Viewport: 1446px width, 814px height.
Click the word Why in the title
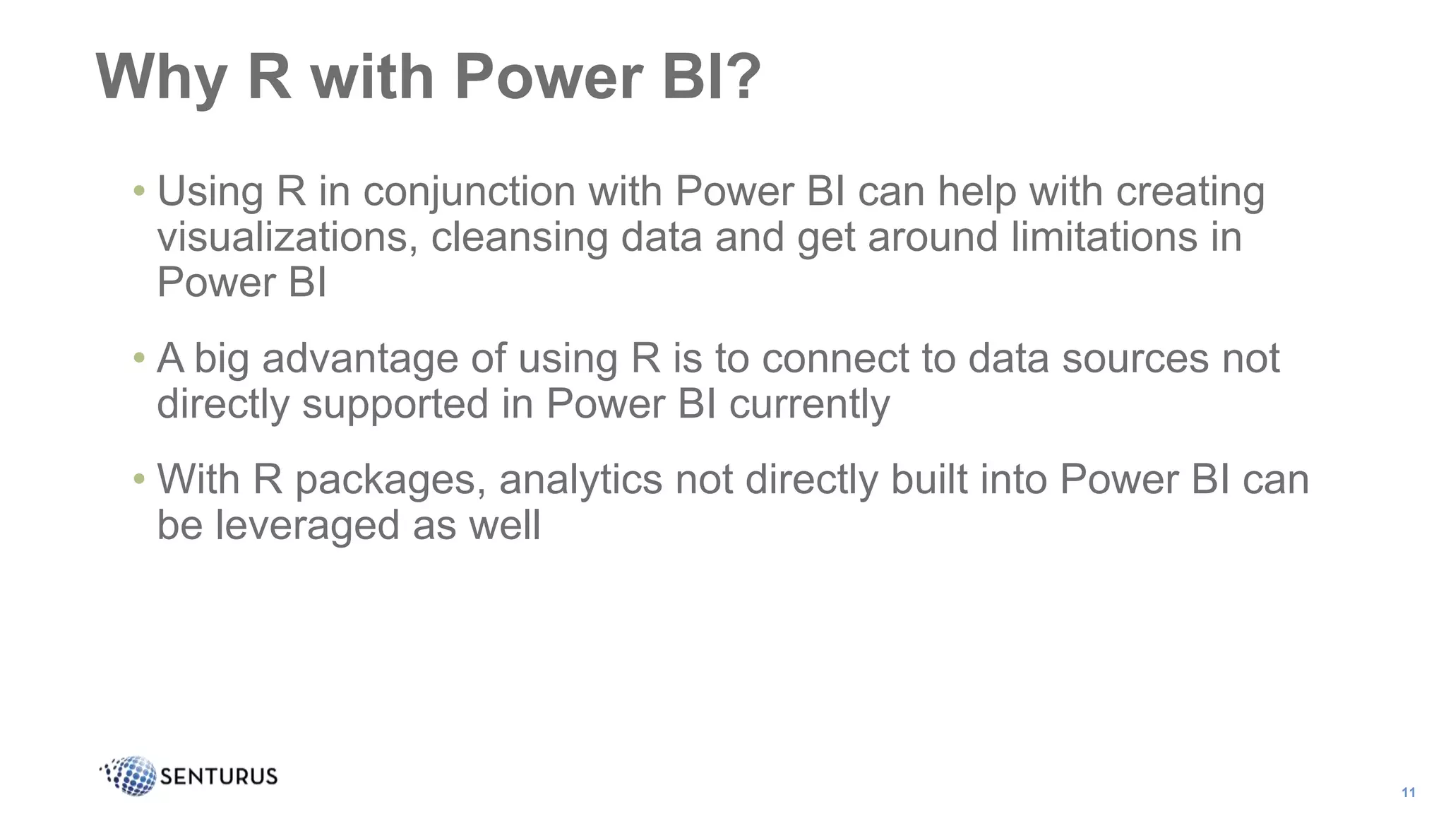click(160, 78)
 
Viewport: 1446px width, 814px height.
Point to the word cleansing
click(520, 238)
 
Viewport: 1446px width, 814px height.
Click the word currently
click(809, 405)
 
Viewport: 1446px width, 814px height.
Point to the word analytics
click(580, 480)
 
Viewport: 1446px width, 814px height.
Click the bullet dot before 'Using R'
click(139, 191)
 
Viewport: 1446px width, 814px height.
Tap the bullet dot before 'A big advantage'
click(139, 358)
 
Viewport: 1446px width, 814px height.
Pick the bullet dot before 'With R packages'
click(139, 479)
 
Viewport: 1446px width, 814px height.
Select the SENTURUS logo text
click(219, 777)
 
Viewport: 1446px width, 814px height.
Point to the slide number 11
click(1408, 792)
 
